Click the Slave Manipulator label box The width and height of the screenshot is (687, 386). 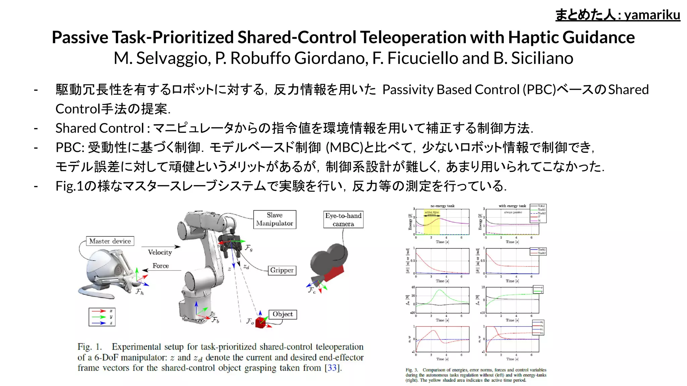(x=274, y=219)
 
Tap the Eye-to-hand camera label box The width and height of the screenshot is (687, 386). (x=343, y=219)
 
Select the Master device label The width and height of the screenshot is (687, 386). (x=110, y=241)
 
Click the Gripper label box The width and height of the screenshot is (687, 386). (x=282, y=270)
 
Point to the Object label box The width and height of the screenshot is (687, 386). (x=282, y=314)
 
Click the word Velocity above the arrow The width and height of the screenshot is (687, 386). (x=160, y=252)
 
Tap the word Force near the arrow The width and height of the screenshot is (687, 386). (x=161, y=266)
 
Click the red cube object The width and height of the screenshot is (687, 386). (x=260, y=322)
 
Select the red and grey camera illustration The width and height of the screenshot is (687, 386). (x=328, y=265)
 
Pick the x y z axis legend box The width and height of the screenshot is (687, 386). (x=102, y=317)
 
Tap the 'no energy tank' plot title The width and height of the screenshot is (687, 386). (x=442, y=206)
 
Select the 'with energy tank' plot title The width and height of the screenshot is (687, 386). (x=512, y=206)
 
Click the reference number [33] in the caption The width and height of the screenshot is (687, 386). (x=332, y=368)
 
